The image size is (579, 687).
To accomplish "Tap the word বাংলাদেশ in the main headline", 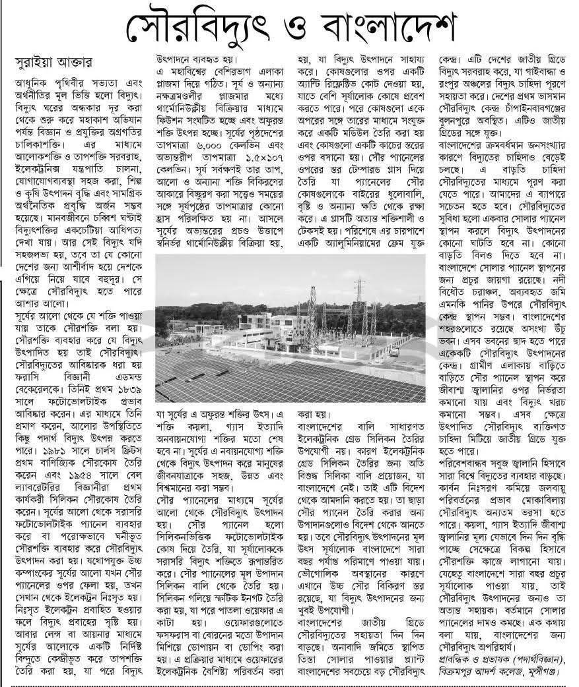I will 384,28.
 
